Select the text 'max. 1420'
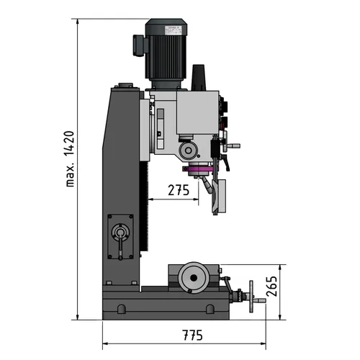[71, 158]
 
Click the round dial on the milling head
[189, 150]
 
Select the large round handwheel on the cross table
[193, 278]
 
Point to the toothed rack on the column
[147, 209]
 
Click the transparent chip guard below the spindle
[217, 196]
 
